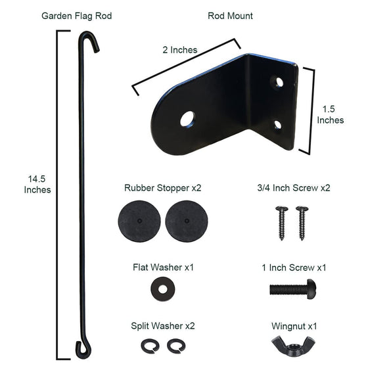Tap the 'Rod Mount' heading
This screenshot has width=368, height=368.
(x=230, y=16)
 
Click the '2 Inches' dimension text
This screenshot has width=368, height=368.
(x=179, y=50)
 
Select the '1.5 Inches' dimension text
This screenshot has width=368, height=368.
(x=330, y=115)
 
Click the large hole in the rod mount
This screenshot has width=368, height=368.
(x=188, y=119)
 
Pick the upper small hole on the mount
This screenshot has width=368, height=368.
(x=279, y=83)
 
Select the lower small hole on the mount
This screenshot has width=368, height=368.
(x=278, y=124)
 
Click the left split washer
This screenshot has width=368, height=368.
(x=148, y=345)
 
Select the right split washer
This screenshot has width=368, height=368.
(x=174, y=345)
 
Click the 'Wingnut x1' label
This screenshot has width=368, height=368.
(x=294, y=325)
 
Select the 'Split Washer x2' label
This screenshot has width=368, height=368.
(x=162, y=325)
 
